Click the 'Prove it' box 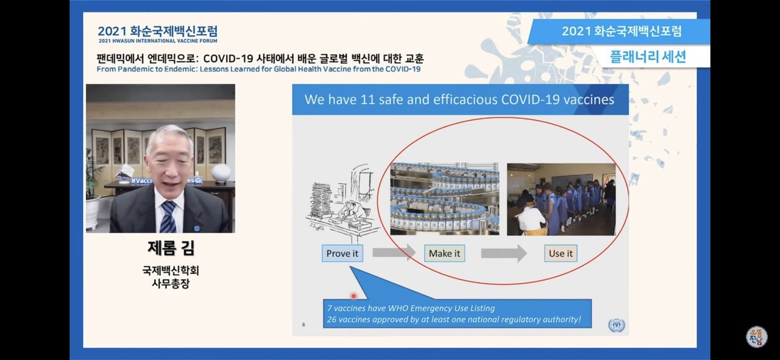tap(342, 253)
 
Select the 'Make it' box tap(444, 253)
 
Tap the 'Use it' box tap(561, 253)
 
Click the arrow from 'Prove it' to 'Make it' tap(393, 252)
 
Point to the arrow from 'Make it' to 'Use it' tap(503, 253)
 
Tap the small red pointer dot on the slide tap(353, 296)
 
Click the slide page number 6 tap(303, 324)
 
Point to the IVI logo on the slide tap(616, 325)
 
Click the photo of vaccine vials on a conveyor tap(444, 199)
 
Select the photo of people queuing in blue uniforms tap(561, 199)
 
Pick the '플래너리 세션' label tap(648, 57)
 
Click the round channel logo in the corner tap(756, 336)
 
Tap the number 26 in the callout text tap(332, 319)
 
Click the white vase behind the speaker tap(221, 173)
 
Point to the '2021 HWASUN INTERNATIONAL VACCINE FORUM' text tap(157, 41)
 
